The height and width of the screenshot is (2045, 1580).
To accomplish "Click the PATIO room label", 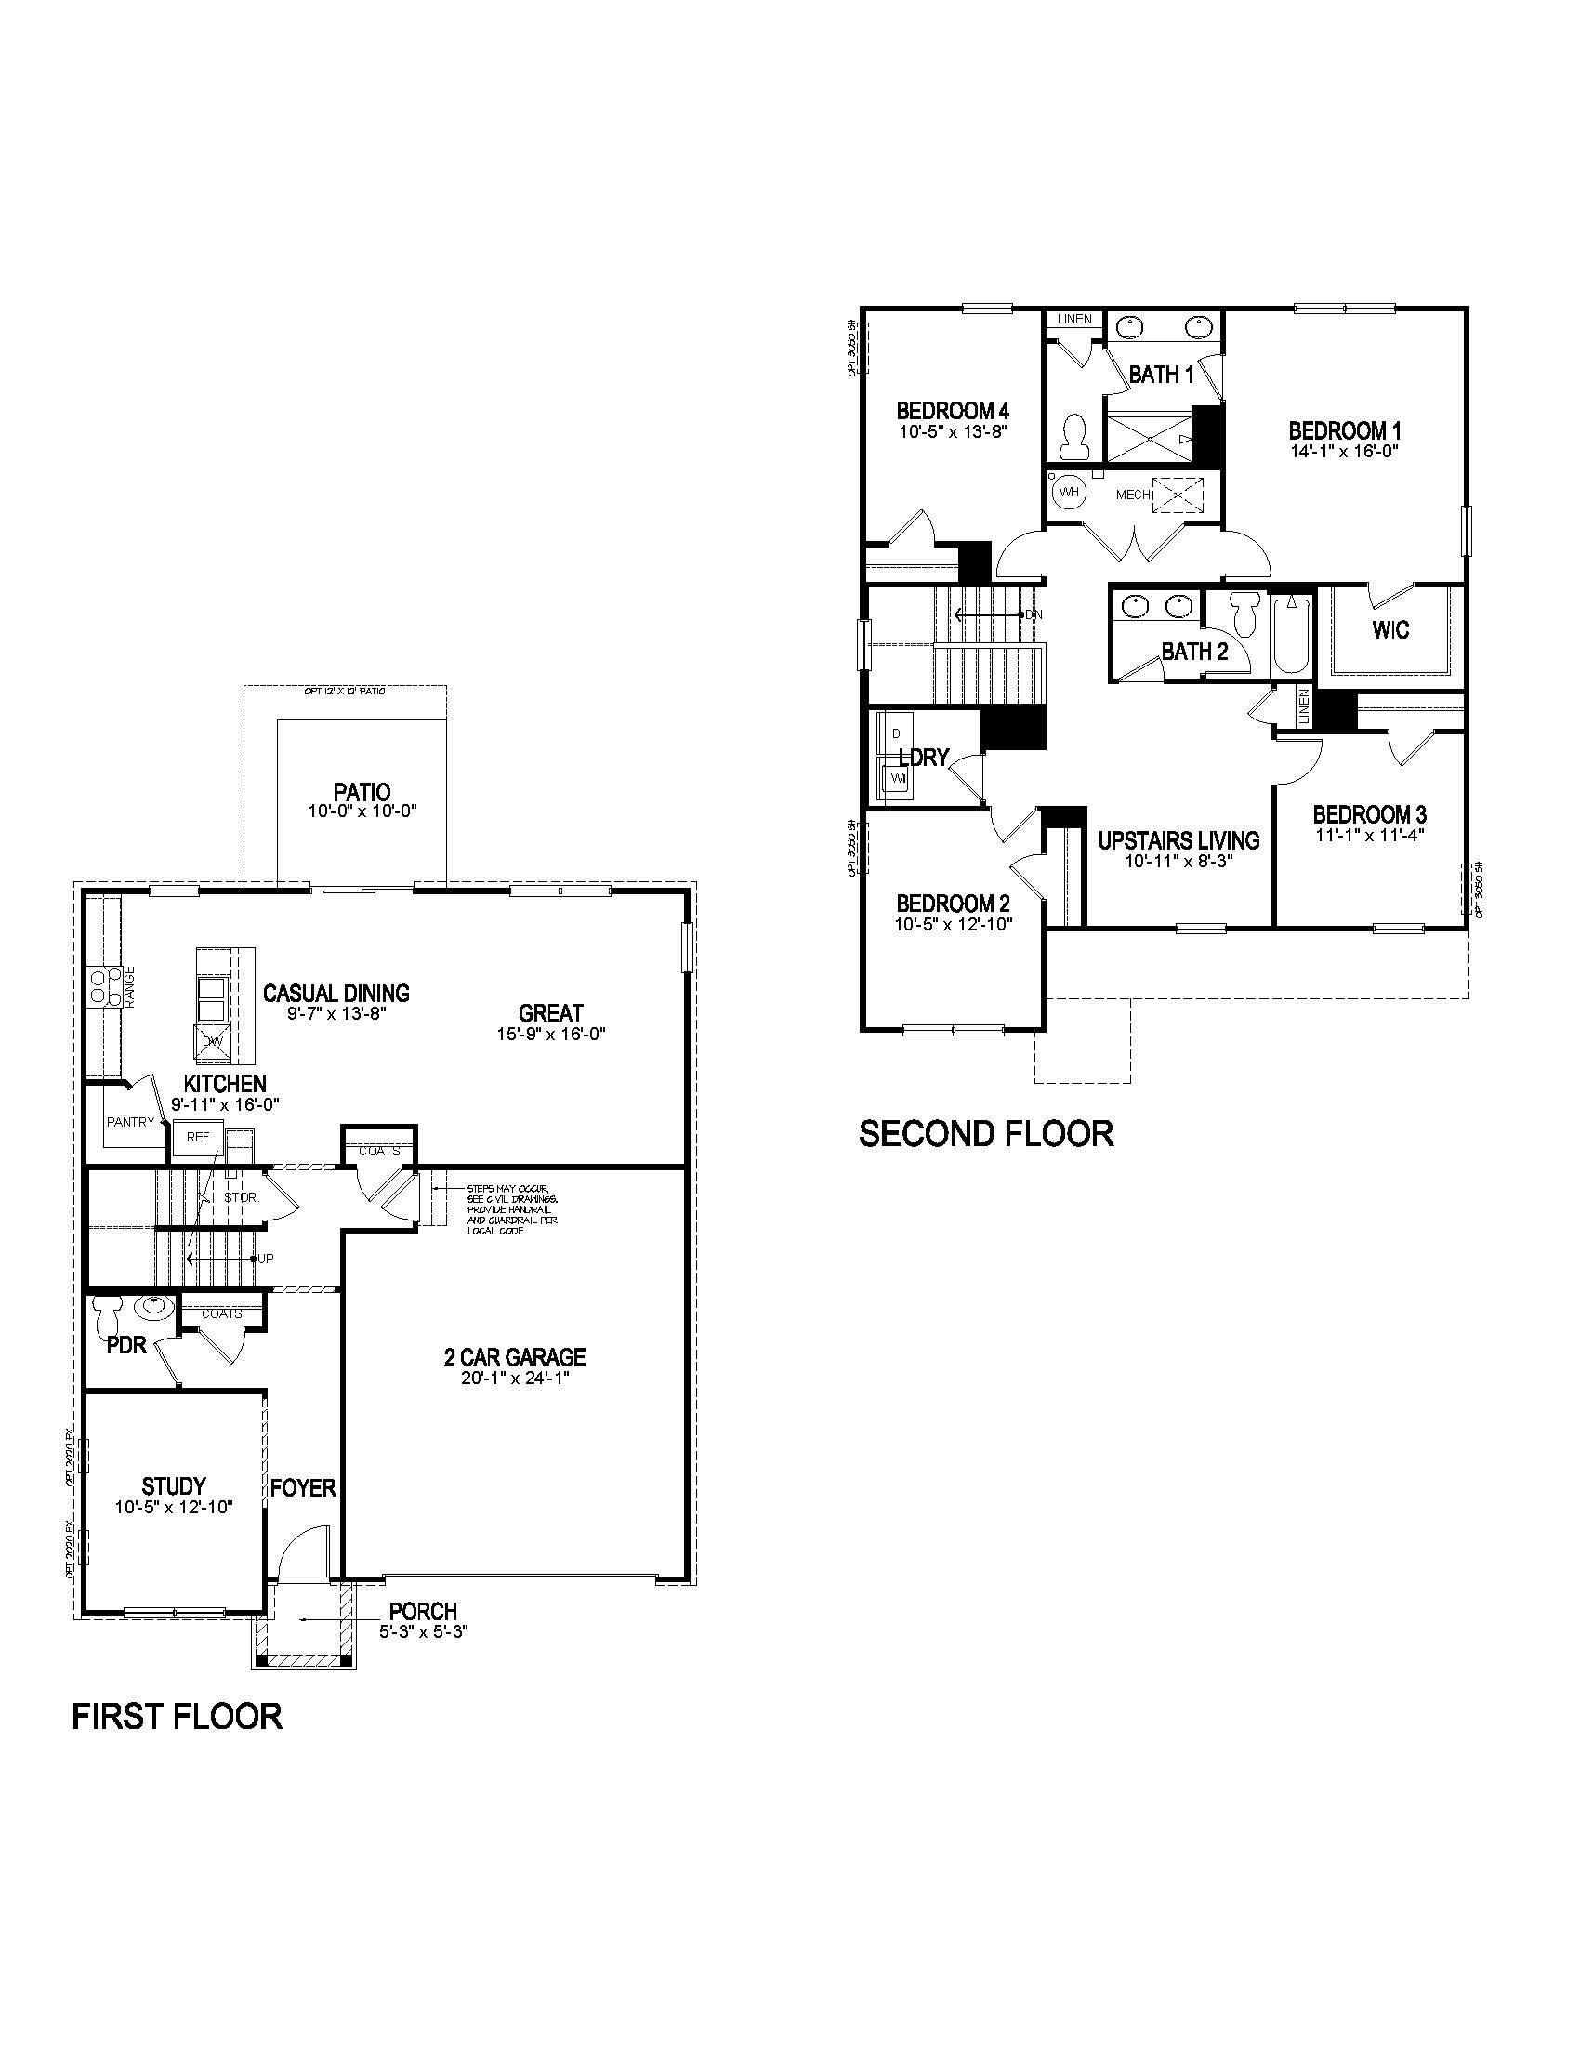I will point(362,792).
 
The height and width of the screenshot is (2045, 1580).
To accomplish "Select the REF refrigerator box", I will point(197,1138).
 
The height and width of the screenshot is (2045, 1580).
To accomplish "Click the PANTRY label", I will point(130,1122).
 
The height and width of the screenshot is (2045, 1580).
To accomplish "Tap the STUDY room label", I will point(173,1486).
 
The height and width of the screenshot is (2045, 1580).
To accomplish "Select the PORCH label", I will point(423,1612).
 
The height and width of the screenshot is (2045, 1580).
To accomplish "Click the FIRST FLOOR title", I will point(177,1716).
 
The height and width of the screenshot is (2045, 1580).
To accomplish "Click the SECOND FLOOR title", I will point(985,1134).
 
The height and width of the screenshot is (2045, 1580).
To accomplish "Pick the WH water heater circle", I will point(1068,492).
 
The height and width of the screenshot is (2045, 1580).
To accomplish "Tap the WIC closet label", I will point(1390,630).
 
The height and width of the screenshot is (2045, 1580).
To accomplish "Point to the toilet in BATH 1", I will point(1075,437).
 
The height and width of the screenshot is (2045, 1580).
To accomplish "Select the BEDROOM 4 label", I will point(952,411).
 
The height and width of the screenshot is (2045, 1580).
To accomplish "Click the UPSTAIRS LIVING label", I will point(1178,840).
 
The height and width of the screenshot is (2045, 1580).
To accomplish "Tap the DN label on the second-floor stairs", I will point(1034,615).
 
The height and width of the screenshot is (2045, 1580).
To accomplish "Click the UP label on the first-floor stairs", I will point(266,1259).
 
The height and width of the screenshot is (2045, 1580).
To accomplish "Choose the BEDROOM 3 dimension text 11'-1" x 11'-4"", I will point(1368,836).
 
